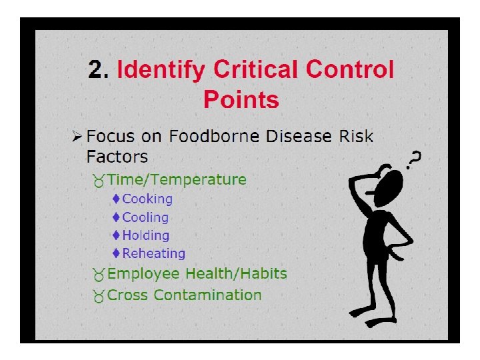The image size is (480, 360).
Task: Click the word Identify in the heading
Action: click(x=162, y=70)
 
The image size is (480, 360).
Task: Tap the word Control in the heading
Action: click(x=350, y=69)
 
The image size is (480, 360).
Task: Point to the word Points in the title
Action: click(x=241, y=100)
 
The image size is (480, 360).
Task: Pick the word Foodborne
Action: click(x=215, y=137)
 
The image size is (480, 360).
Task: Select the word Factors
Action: click(x=117, y=157)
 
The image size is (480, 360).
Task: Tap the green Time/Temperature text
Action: click(x=177, y=180)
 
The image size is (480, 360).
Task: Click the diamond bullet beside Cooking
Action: click(x=116, y=199)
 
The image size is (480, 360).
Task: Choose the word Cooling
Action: click(x=145, y=217)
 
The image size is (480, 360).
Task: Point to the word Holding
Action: click(x=145, y=235)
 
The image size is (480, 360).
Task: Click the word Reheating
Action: click(x=153, y=253)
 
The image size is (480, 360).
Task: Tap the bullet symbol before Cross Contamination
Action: click(x=98, y=296)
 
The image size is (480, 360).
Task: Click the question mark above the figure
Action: click(x=414, y=158)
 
